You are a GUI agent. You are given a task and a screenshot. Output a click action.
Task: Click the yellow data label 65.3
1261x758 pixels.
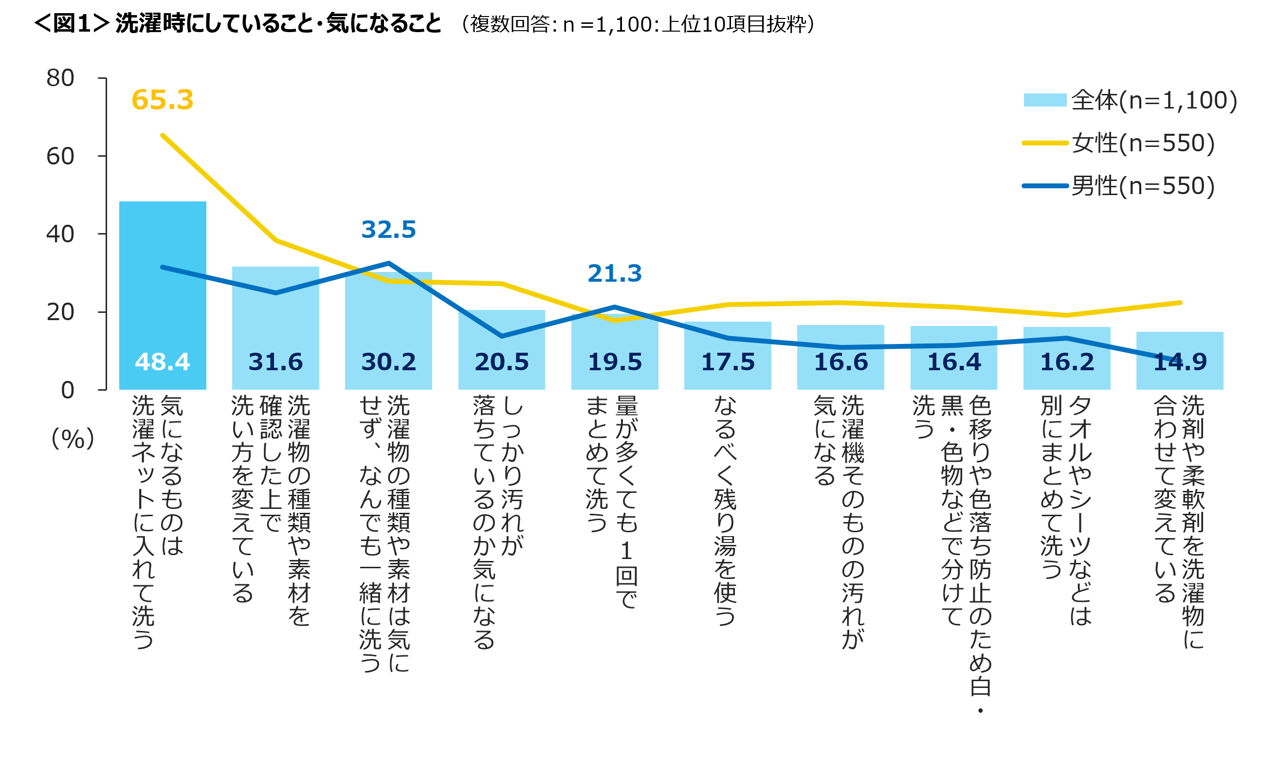[x=163, y=100]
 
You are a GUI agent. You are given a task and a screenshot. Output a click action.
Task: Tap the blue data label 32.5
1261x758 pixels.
[x=388, y=229]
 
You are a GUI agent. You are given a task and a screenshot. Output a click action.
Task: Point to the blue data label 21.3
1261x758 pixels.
[x=614, y=273]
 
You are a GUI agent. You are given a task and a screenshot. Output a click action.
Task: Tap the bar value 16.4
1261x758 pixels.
[x=953, y=361]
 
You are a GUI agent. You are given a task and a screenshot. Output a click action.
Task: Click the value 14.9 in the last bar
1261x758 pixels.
[x=1180, y=361]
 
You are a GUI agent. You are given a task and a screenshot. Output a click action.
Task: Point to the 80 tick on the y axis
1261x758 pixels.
[x=60, y=78]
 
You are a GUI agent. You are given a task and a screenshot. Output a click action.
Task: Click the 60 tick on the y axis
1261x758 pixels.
[x=60, y=156]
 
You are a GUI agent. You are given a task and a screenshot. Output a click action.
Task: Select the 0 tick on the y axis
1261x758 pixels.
[x=68, y=390]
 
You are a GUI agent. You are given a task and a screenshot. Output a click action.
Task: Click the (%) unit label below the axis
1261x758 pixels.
[x=73, y=438]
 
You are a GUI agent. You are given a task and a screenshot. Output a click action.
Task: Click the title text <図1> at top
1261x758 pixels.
[x=72, y=23]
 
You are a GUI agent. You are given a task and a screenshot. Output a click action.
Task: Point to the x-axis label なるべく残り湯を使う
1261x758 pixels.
[x=726, y=511]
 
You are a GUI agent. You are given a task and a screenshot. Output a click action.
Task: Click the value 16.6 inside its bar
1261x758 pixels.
[x=841, y=361]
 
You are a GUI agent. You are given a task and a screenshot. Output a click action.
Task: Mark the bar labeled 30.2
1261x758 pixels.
[x=388, y=332]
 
